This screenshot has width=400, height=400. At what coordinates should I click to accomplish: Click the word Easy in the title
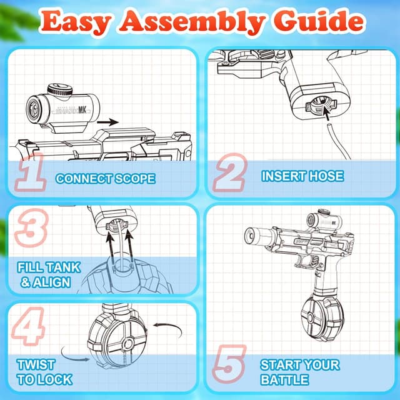76,22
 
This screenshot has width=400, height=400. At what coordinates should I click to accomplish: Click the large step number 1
31,172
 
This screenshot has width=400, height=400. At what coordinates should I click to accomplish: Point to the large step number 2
230,172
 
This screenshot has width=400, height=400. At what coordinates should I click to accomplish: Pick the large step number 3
31,227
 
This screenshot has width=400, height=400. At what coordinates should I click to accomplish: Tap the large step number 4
29,326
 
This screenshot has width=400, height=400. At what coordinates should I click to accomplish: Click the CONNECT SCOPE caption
106,179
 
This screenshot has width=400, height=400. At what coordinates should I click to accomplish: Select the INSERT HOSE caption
302,176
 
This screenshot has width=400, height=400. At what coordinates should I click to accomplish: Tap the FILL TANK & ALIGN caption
49,275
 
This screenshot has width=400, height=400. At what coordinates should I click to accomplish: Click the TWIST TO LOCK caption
44,372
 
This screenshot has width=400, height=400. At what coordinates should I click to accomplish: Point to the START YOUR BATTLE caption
300,372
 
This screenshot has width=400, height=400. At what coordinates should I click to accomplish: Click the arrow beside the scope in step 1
107,122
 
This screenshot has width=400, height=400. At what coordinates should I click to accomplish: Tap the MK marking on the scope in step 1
82,110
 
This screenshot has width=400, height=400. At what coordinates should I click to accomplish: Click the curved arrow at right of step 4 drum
168,330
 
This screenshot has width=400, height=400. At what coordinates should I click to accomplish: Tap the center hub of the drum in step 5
311,317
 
